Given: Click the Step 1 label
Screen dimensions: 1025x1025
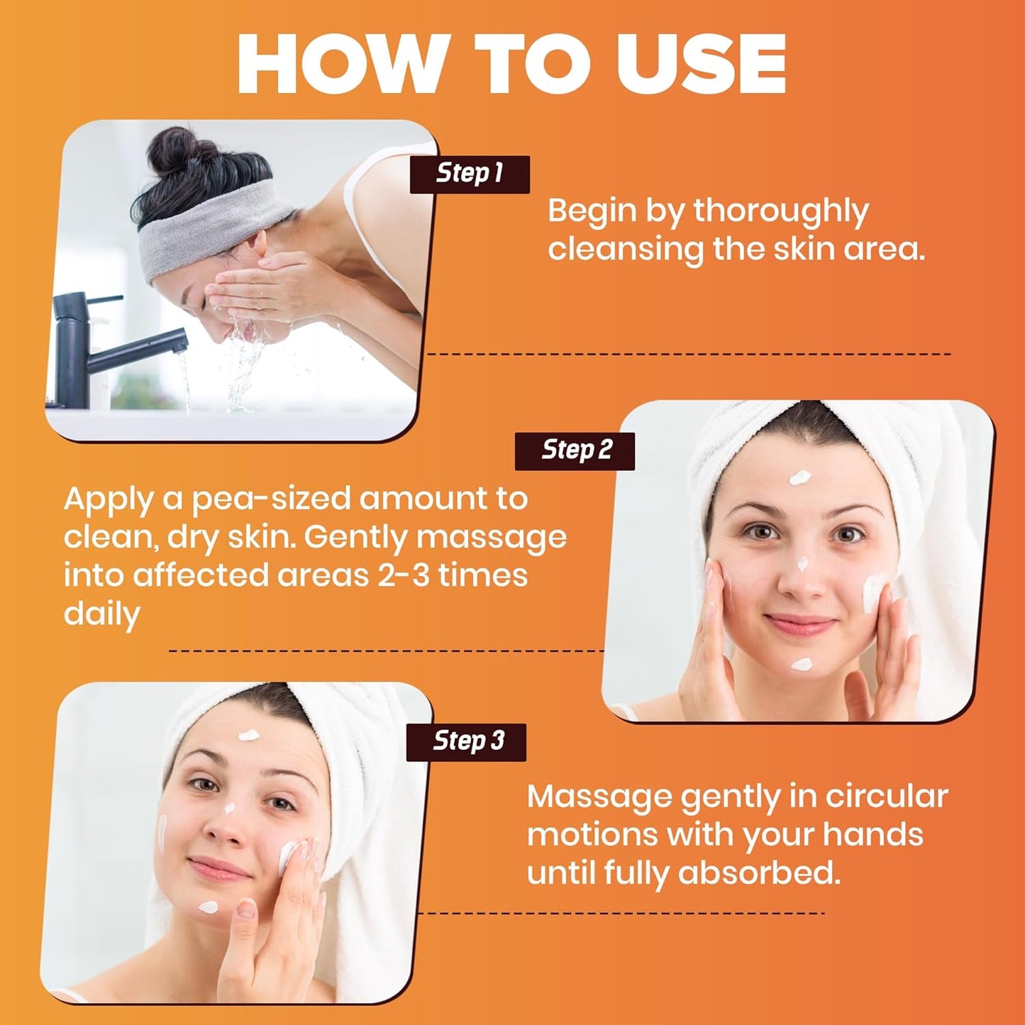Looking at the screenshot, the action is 470,174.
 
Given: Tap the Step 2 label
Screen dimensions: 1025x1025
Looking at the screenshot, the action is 575,451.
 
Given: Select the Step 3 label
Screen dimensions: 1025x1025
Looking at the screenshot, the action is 466,742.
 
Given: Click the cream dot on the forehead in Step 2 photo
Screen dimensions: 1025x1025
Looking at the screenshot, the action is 799,477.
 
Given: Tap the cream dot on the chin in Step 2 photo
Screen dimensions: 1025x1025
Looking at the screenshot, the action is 801,664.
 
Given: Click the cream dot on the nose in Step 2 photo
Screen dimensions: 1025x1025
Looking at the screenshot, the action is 802,563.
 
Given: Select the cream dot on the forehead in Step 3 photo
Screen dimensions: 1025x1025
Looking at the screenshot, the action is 249,736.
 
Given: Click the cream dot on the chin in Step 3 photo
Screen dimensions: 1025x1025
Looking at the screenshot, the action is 208,907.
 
